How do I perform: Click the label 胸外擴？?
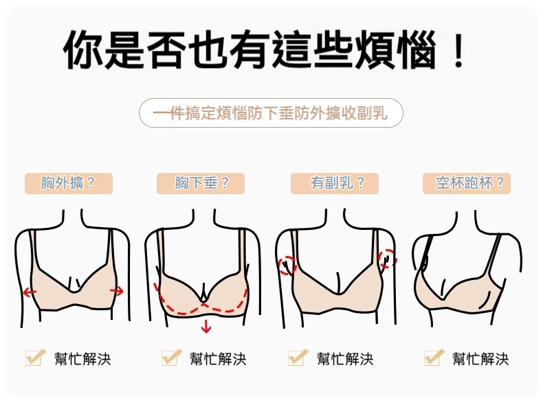(69, 183)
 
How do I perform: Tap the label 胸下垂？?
(201, 183)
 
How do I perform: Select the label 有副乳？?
(335, 183)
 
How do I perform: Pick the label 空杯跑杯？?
(467, 183)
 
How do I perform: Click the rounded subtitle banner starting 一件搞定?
(271, 113)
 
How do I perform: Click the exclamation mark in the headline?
(459, 49)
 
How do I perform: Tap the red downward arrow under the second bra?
(206, 327)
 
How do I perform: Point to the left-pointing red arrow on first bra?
(30, 292)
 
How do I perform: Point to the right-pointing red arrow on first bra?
(117, 291)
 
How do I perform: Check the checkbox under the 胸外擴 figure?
(34, 358)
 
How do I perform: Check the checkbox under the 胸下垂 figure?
(170, 358)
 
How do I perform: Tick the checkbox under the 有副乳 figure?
(297, 358)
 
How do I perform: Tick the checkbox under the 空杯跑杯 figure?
(433, 358)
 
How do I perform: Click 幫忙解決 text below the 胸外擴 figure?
(82, 359)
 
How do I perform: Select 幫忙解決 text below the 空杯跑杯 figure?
(480, 359)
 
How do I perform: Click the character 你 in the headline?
(83, 49)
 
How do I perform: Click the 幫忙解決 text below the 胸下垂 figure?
(218, 359)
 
